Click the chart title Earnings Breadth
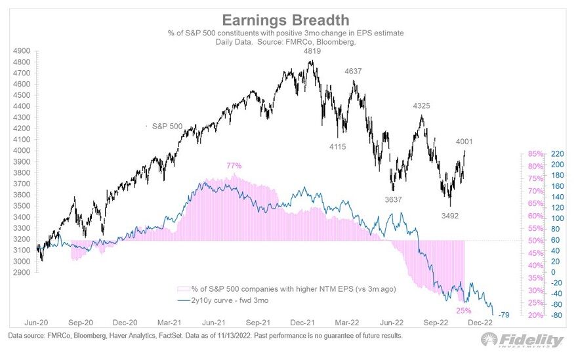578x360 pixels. coord(289,20)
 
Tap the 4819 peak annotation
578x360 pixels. coord(312,51)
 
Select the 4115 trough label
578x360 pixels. coord(339,146)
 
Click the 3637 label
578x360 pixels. coord(394,199)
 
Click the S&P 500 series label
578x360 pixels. coord(167,126)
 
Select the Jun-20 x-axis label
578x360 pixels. coord(38,323)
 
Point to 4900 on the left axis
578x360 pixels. coord(22,50)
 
